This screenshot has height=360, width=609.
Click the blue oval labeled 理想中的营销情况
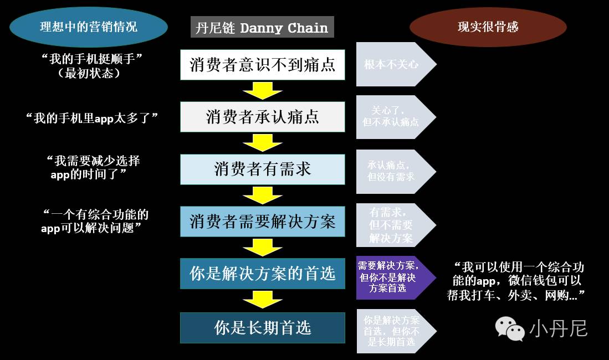click(89, 27)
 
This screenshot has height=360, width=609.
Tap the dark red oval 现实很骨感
click(488, 27)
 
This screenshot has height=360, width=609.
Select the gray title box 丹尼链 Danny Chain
click(262, 27)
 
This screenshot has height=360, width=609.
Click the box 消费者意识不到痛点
click(262, 64)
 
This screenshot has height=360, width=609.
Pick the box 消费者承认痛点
click(262, 117)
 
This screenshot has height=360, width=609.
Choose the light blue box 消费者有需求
click(262, 169)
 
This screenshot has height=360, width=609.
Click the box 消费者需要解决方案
click(262, 222)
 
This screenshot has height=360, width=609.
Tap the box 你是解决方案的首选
click(262, 273)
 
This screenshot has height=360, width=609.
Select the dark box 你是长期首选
click(262, 327)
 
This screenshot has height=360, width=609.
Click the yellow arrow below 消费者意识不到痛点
click(263, 90)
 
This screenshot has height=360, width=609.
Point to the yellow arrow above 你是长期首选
click(263, 300)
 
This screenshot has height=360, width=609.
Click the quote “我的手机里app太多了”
click(92, 117)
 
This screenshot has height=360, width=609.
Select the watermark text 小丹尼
click(558, 328)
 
